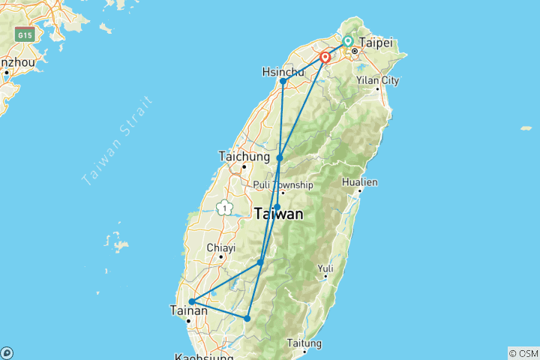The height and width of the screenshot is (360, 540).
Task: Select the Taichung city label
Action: [244, 157]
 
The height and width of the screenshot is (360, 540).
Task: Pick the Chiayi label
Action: [221, 247]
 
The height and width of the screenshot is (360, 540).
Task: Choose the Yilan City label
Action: [376, 80]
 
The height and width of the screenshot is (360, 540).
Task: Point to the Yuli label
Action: [325, 268]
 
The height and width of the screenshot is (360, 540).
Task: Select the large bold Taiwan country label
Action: [279, 214]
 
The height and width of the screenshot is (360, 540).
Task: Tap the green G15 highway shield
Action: [25, 35]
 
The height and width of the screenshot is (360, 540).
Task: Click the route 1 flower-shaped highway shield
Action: [223, 208]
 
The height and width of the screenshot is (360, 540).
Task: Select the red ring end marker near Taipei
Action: [325, 57]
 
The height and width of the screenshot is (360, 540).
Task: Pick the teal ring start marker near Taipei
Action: [348, 41]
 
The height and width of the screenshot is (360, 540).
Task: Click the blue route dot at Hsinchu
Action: [283, 82]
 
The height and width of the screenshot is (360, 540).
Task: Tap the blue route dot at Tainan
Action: [192, 301]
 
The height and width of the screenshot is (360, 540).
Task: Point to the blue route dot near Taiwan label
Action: [277, 207]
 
